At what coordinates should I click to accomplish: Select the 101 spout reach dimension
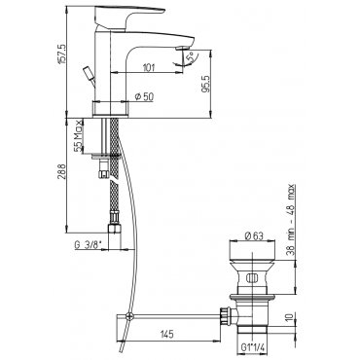tap(149, 68)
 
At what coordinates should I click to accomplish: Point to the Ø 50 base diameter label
tap(144, 96)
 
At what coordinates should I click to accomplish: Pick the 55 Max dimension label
tap(78, 136)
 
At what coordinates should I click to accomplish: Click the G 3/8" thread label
tap(87, 245)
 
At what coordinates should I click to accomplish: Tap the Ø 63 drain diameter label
tap(254, 236)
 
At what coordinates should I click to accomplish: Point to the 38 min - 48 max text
tap(292, 220)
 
